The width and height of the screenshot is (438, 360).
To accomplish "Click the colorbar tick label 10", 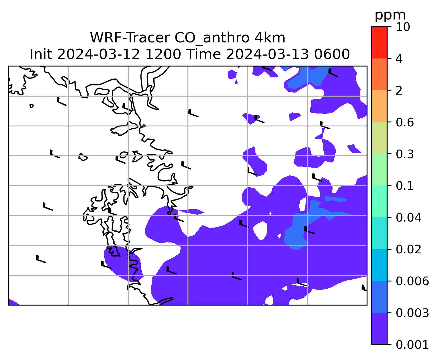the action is pyautogui.click(x=403, y=27).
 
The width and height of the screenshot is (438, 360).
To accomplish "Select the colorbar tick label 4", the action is pyautogui.click(x=399, y=59).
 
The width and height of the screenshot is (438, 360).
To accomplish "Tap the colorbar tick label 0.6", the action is pyautogui.click(x=405, y=122).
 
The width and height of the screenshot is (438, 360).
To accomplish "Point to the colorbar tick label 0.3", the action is pyautogui.click(x=405, y=154).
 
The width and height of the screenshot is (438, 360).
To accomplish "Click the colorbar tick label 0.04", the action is pyautogui.click(x=408, y=218).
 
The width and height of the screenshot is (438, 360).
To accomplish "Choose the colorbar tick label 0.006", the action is pyautogui.click(x=412, y=281).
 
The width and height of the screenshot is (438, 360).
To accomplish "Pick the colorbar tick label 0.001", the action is pyautogui.click(x=412, y=345).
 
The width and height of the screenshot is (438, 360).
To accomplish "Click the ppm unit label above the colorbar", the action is pyautogui.click(x=390, y=15).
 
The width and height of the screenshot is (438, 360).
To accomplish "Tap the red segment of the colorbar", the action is pyautogui.click(x=379, y=42).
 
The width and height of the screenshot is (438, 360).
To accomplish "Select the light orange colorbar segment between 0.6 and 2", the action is pyautogui.click(x=379, y=106).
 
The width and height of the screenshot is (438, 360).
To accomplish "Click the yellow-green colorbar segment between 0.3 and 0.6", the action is pyautogui.click(x=379, y=138).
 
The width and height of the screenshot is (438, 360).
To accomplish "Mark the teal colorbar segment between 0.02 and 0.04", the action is pyautogui.click(x=379, y=233).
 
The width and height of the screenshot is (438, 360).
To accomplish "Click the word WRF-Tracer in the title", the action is pyautogui.click(x=130, y=38).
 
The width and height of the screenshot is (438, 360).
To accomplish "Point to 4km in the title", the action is pyautogui.click(x=270, y=38).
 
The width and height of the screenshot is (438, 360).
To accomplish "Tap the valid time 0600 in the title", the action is pyautogui.click(x=332, y=54).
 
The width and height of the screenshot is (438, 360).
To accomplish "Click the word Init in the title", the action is pyautogui.click(x=41, y=54).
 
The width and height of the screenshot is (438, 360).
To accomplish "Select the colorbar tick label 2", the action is pyautogui.click(x=399, y=91).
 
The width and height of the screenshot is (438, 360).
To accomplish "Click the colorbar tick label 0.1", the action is pyautogui.click(x=405, y=186).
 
